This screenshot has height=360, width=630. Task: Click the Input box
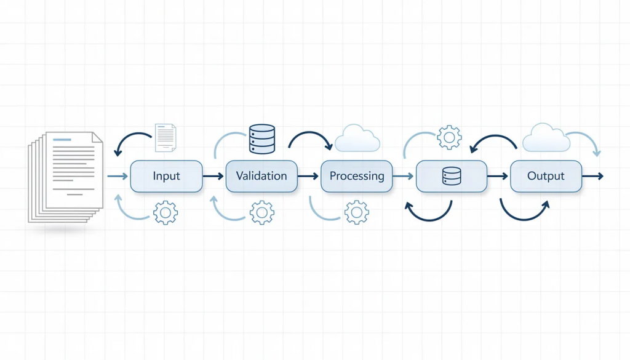point(166,176)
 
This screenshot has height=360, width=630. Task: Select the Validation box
point(261,176)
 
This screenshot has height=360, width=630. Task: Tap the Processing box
point(357,176)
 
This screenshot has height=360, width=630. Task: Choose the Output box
point(546,176)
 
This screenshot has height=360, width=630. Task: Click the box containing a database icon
point(452,176)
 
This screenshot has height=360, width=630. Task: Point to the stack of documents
point(65,176)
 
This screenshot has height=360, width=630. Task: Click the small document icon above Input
point(165,137)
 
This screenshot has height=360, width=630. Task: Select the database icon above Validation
point(261,138)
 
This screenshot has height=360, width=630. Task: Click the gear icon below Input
point(165,212)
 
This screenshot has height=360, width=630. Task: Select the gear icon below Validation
point(261,212)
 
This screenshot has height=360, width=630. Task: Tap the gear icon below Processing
point(357,212)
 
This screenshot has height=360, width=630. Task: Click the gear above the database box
point(449,137)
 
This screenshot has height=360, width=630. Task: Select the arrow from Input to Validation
point(213,177)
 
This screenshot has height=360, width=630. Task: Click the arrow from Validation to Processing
point(309,177)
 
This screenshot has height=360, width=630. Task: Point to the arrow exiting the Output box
point(592,177)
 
